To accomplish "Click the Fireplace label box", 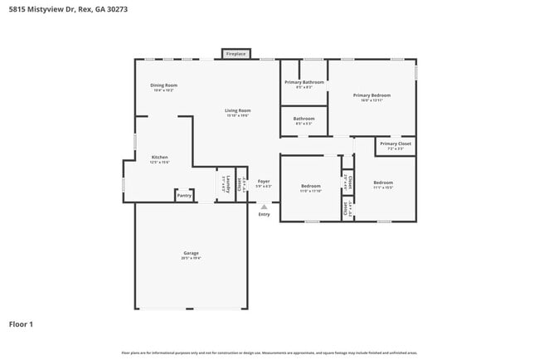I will [236, 54].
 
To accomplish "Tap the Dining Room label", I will [163, 85].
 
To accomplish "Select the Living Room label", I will [238, 110].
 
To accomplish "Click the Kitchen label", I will [159, 158].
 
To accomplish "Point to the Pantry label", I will [184, 196].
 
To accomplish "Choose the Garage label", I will [191, 253].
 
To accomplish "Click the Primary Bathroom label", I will [303, 82].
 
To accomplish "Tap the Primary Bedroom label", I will [371, 95].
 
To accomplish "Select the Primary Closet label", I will [395, 144].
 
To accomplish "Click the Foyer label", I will [264, 181].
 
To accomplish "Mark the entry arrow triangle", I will [264, 206].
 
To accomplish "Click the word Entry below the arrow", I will [264, 215].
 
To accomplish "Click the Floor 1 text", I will [21, 324].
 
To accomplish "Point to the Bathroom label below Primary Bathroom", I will [303, 119].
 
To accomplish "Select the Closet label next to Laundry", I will [240, 184].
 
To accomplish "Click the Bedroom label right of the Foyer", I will [310, 186].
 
